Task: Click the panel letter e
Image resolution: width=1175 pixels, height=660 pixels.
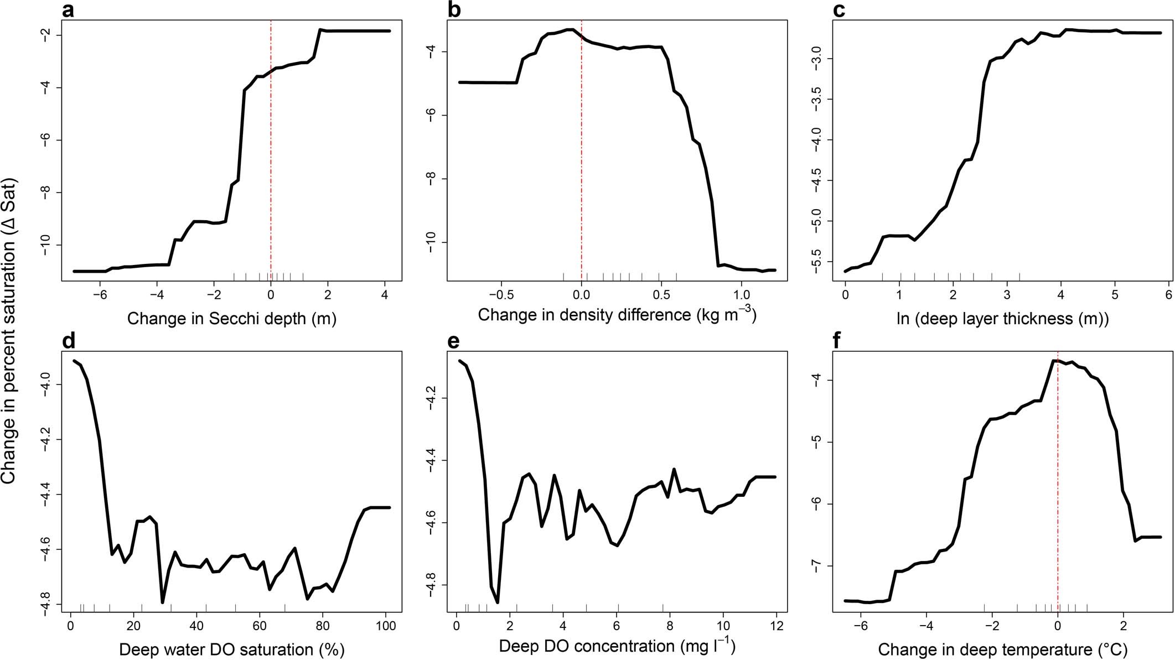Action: pos(453,342)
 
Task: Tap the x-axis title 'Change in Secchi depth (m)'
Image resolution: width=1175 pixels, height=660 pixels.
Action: pos(232,319)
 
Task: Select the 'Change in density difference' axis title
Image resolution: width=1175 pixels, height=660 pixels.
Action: pos(617,315)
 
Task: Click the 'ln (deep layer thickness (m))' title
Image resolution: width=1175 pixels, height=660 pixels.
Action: pos(1002,319)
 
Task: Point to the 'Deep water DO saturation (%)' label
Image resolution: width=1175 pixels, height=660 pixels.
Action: pos(232,649)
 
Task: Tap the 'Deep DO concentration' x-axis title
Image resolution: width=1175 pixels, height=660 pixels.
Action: pos(617,646)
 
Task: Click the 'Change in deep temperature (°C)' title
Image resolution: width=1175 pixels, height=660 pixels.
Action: pos(1002,649)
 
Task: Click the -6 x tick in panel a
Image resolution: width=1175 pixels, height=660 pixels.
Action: pos(100,295)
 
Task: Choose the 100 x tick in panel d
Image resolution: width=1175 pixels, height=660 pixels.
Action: pos(386,626)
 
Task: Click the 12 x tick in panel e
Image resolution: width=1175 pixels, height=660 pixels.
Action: pos(777,626)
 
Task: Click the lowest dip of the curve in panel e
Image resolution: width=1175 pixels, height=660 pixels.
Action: pos(498,602)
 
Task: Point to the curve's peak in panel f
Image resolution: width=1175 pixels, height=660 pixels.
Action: pos(1053,361)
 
